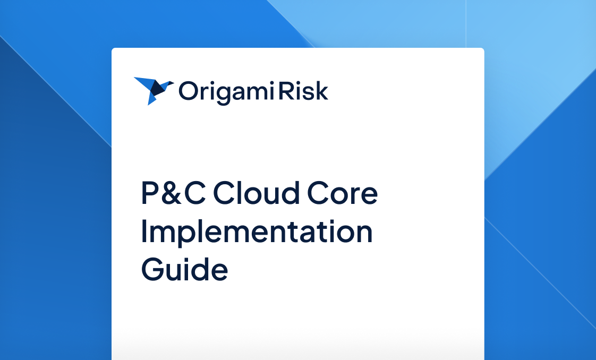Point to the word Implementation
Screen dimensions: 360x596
[x=257, y=232]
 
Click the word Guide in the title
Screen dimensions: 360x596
[x=184, y=269]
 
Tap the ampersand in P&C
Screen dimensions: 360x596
[x=177, y=194]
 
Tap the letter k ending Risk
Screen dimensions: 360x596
[x=322, y=91]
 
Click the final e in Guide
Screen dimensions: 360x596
[x=218, y=271]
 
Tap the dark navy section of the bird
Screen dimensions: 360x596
[x=156, y=88]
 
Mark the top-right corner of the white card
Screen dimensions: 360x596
[x=482, y=50]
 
